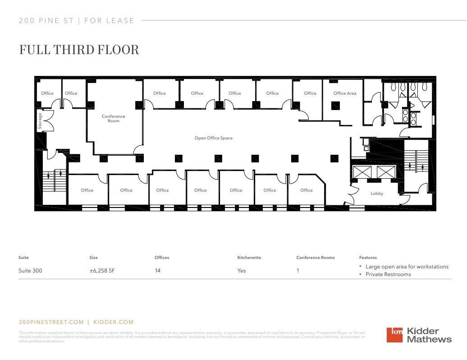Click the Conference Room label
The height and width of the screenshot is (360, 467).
[x=114, y=119]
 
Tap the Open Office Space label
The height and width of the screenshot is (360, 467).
[x=213, y=138]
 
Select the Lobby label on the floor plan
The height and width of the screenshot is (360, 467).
[x=377, y=194]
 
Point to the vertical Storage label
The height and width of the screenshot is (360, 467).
[x=40, y=121]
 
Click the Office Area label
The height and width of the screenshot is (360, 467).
[x=345, y=93]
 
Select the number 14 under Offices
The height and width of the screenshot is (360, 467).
[x=157, y=271]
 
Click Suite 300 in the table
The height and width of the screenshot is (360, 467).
[x=30, y=271]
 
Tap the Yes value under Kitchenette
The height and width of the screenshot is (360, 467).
[x=242, y=271]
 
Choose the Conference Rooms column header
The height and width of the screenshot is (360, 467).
[x=316, y=258]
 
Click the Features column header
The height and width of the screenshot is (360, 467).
[x=368, y=258]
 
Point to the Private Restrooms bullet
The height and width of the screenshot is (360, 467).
[x=388, y=274]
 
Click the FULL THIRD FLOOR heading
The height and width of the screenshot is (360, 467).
[x=79, y=50]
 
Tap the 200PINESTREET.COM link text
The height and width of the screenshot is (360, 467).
[x=51, y=322]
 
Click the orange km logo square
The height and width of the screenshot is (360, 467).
[x=395, y=335]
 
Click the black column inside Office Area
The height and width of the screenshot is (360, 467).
[x=334, y=106]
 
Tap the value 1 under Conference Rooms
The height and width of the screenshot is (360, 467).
[x=298, y=271]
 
